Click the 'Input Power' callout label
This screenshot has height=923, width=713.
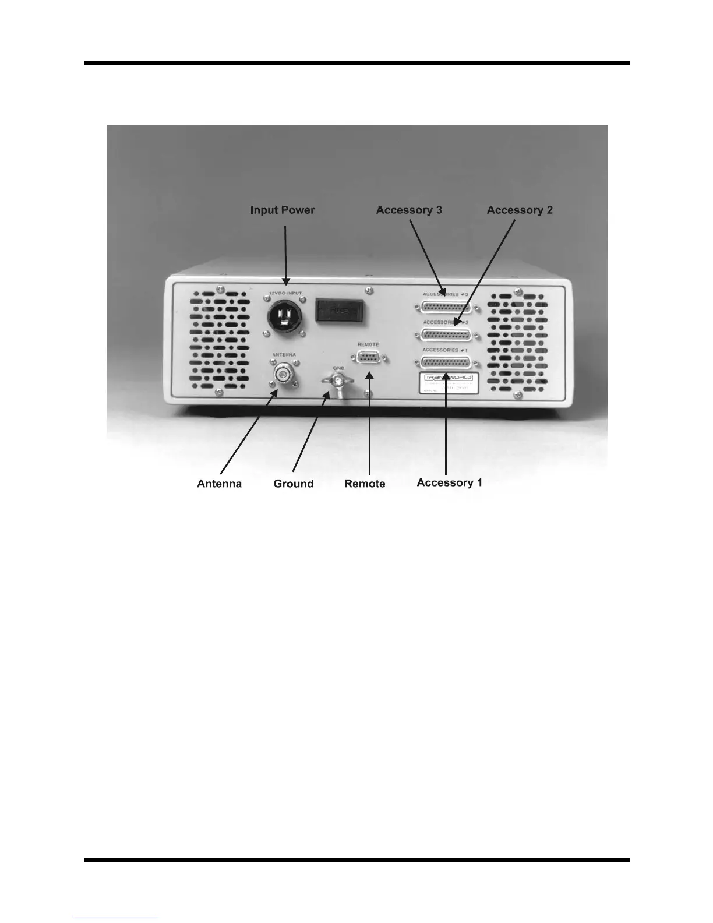(282, 210)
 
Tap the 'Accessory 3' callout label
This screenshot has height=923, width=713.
(409, 210)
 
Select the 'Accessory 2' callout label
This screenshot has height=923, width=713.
(520, 210)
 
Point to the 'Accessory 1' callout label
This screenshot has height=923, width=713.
(449, 482)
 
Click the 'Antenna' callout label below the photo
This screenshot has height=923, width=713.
(219, 484)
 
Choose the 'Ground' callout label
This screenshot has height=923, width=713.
(294, 484)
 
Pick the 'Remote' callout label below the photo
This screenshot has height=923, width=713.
(365, 484)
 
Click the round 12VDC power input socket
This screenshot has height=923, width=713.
(284, 318)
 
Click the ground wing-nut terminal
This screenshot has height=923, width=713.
(337, 381)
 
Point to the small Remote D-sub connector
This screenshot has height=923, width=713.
(368, 357)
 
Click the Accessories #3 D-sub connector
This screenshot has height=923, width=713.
(446, 307)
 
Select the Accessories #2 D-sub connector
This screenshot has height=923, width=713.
(446, 335)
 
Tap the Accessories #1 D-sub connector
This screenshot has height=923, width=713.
(446, 362)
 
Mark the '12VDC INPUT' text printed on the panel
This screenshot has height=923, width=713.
(285, 293)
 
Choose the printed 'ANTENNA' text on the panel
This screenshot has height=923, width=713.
(284, 355)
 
